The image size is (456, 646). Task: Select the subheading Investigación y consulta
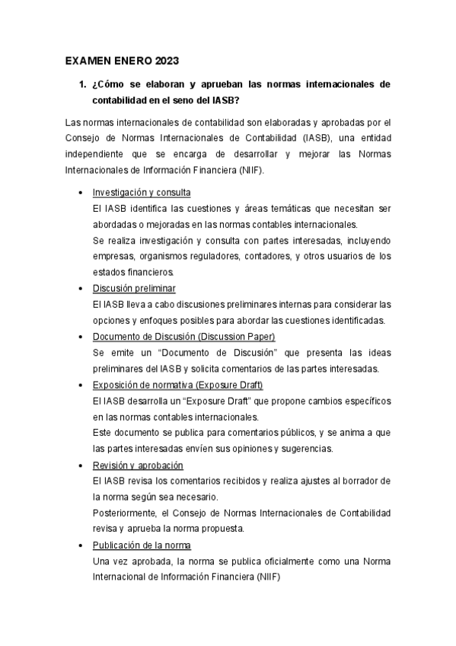(x=142, y=192)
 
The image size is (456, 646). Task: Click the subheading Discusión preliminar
(x=134, y=288)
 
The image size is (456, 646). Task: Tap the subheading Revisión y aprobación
(x=138, y=465)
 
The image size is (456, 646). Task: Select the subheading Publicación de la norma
(x=142, y=545)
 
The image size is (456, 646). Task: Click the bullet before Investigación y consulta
(x=81, y=193)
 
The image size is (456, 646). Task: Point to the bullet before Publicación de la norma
(x=81, y=546)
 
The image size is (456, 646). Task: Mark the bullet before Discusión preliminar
(x=81, y=289)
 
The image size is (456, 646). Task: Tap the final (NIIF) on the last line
(x=268, y=577)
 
